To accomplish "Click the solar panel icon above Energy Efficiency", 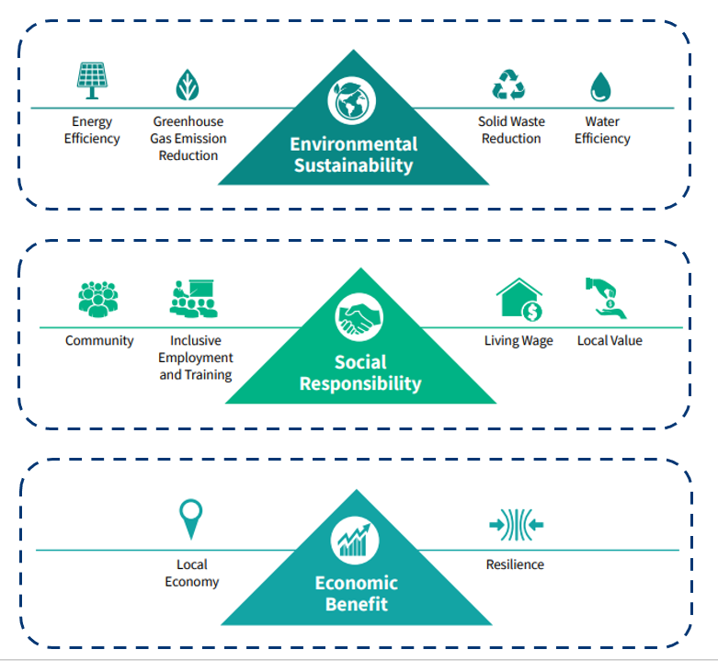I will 91,80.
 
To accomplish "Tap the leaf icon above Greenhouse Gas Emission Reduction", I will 188,85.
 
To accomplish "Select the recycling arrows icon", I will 508,85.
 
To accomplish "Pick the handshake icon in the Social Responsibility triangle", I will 359,318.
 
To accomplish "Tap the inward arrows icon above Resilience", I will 516,525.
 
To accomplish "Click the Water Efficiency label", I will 602,130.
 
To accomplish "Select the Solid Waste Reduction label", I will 511,130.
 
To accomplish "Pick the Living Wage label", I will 519,341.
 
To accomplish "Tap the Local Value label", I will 610,341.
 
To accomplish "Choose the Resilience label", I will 515,564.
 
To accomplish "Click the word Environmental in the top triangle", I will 353,144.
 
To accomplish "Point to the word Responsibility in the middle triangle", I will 360,383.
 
